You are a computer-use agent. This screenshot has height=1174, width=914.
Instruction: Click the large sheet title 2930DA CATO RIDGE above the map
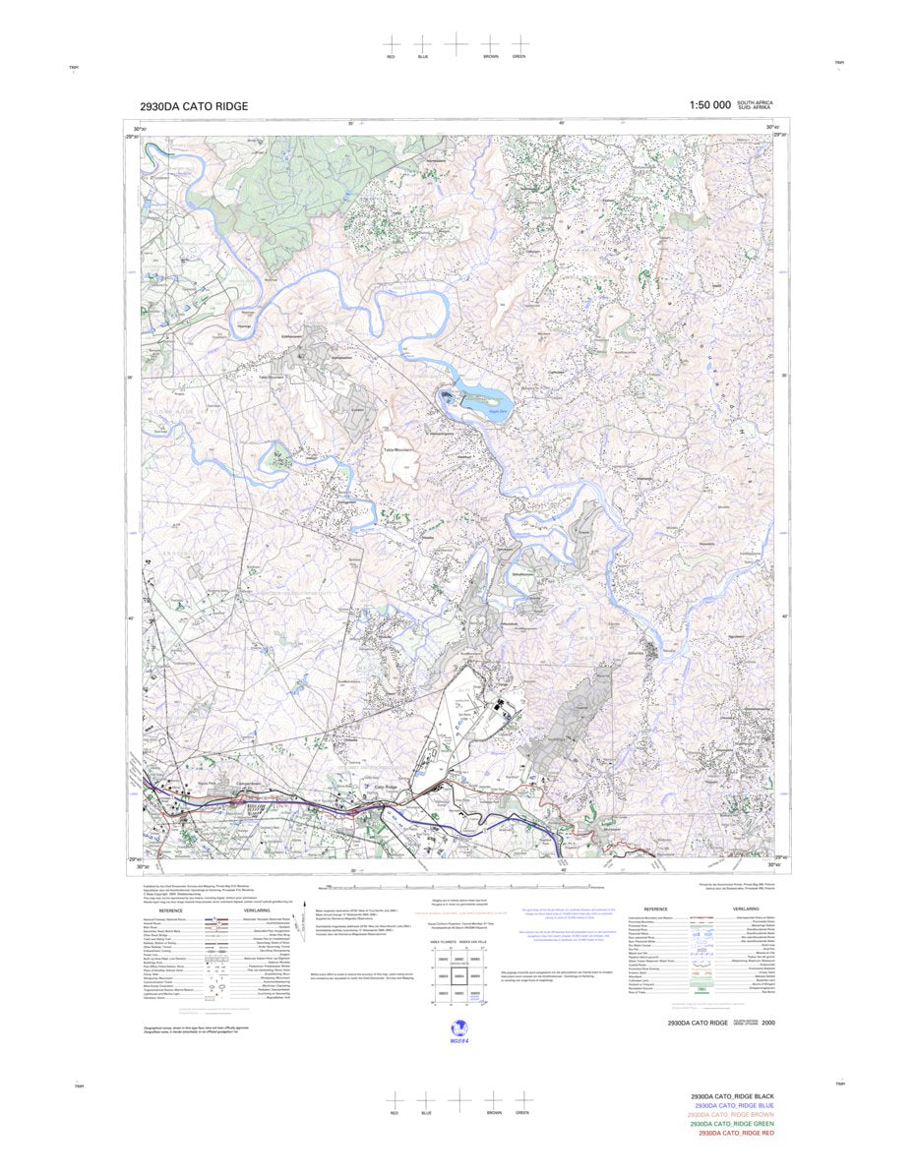[x=194, y=106]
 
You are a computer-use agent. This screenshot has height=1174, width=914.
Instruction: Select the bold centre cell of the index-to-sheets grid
[x=457, y=976]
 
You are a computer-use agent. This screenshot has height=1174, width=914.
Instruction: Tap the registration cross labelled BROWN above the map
[x=490, y=44]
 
